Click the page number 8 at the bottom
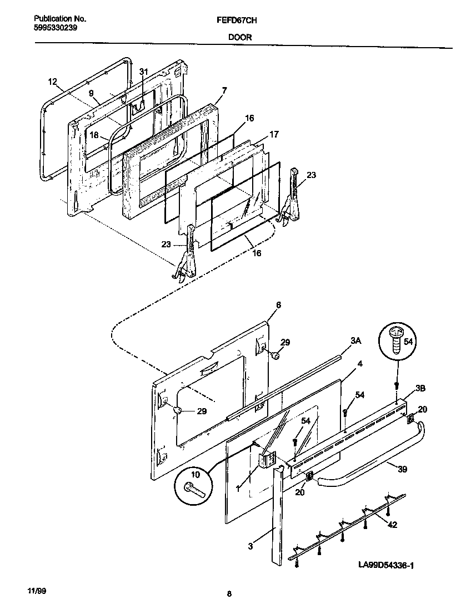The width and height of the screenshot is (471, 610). pyautogui.click(x=229, y=594)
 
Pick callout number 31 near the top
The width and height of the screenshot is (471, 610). pyautogui.click(x=144, y=72)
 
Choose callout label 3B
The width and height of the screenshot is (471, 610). pyautogui.click(x=419, y=388)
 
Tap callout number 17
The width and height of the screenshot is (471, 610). pyautogui.click(x=274, y=134)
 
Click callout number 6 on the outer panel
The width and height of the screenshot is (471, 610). pyautogui.click(x=278, y=306)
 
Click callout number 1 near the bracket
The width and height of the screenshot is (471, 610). pyautogui.click(x=238, y=489)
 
